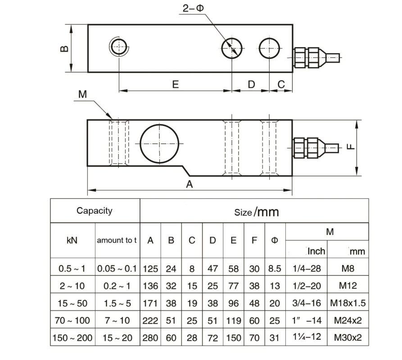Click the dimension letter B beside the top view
click(65, 48)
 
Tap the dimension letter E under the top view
click(176, 84)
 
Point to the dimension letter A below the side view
click(190, 184)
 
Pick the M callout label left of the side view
click(82, 94)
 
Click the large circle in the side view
click(159, 144)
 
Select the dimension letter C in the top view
click(281, 84)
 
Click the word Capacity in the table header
click(94, 211)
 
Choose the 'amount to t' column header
click(117, 240)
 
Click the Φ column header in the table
click(274, 240)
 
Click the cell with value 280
click(150, 337)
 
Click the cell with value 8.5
click(274, 269)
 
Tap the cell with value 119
click(233, 320)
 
